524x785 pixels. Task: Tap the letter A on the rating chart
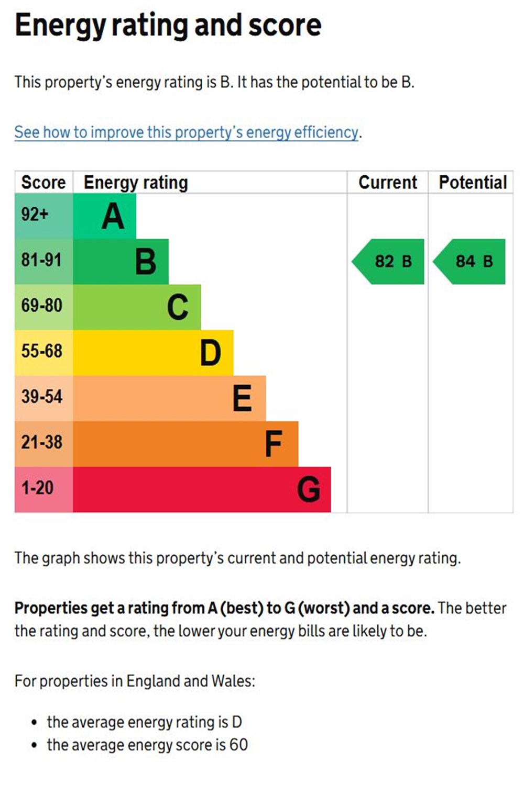point(113,217)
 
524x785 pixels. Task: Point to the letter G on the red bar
point(309,490)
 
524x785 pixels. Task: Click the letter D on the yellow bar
point(210,353)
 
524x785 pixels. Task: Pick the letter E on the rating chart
point(242,399)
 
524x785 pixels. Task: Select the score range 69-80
point(42,306)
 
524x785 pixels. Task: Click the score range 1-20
point(37,488)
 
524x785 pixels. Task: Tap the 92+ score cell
point(35,215)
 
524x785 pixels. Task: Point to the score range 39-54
point(42,397)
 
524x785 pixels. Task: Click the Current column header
point(388,182)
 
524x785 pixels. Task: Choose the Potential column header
point(473,182)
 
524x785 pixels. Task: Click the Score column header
point(43,182)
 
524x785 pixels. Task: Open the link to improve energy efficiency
point(187,132)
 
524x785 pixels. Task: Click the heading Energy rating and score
point(168,25)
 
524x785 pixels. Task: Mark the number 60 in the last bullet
point(238,745)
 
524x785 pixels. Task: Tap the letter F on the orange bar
point(274,444)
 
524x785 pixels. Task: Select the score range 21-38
point(42,442)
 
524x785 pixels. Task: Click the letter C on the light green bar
point(178,307)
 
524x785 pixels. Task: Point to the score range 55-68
point(42,351)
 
